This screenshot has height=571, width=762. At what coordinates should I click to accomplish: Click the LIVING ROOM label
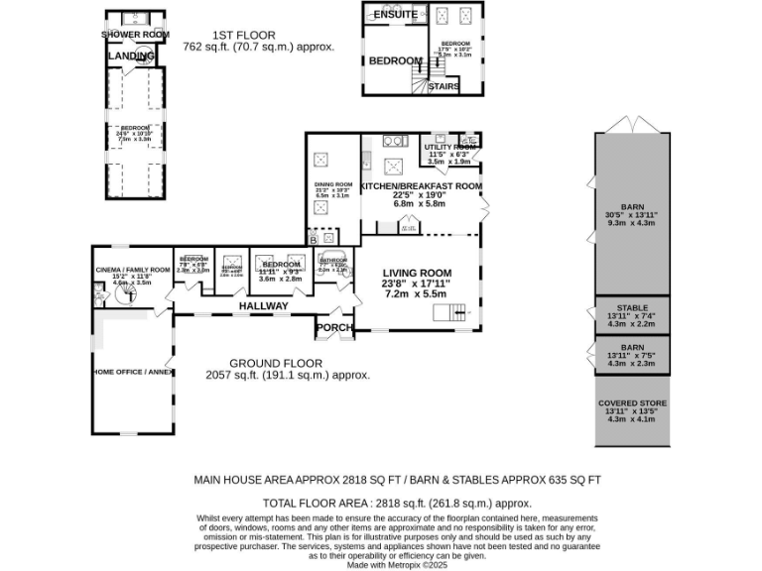(x=418, y=273)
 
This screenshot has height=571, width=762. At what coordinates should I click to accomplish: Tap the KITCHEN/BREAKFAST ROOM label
(x=422, y=185)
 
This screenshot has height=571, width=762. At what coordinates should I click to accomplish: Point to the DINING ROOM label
(x=333, y=184)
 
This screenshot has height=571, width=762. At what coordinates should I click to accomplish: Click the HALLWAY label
(x=263, y=306)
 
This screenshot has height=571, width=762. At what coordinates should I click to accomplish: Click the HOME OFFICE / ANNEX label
(x=132, y=373)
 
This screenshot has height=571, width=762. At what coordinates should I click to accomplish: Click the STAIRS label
(x=444, y=86)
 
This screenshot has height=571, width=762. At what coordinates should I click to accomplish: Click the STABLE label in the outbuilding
(x=632, y=308)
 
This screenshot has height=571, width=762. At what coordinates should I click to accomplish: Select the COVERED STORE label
(x=632, y=403)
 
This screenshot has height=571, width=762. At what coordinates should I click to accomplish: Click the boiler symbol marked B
(x=314, y=239)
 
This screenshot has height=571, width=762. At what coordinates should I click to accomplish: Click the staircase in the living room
(x=447, y=314)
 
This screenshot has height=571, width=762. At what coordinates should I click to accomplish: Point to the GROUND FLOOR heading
(x=287, y=363)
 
